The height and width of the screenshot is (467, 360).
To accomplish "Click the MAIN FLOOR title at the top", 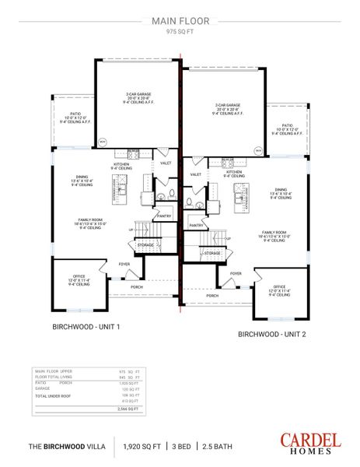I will (180, 21).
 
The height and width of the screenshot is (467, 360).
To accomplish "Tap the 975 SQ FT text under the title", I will (180, 32).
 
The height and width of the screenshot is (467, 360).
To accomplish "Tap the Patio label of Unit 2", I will (287, 128).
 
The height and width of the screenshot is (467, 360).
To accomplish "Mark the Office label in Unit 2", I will (279, 291).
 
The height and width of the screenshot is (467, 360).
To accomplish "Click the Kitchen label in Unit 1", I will (122, 167).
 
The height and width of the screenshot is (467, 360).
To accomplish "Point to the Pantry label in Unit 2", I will (197, 225).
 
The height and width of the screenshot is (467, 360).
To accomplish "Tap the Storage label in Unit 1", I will (145, 245).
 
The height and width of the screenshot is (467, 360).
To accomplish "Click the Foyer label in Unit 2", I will (236, 274).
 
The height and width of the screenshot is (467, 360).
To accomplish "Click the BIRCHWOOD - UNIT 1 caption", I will (86, 326).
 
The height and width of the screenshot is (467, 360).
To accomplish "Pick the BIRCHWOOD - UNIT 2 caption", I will (271, 333).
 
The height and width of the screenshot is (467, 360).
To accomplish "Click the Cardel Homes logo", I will (310, 443).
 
